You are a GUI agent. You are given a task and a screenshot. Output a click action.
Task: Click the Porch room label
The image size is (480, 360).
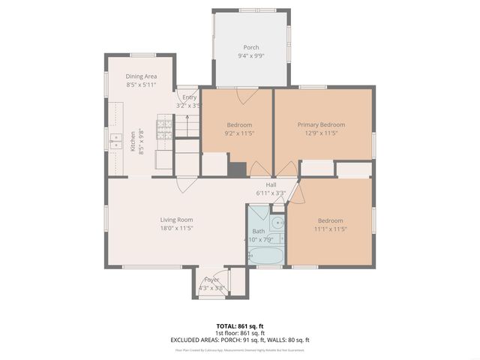click(250, 47)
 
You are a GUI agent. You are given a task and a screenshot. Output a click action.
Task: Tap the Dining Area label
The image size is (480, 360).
click(141, 76)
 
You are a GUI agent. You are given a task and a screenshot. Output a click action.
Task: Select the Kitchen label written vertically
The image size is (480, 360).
click(133, 142)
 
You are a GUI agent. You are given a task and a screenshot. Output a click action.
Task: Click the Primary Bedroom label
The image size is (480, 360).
click(321, 124)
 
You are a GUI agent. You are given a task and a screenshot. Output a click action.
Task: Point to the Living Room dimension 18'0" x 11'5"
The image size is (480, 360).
click(176, 228)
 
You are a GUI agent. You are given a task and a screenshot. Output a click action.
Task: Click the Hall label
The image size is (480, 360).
click(271, 184)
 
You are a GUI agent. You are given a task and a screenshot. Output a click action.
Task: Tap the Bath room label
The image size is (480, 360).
click(259, 232)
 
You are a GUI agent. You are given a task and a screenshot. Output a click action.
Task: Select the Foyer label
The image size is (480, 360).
click(212, 280)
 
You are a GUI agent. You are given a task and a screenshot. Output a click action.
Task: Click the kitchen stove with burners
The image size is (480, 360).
click(164, 129)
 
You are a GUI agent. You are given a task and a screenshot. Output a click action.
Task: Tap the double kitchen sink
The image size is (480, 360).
click(115, 139)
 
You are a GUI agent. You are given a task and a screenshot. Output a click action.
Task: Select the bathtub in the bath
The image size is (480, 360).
click(266, 256)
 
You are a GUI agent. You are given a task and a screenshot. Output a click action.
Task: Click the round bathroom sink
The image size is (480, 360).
click(277, 223)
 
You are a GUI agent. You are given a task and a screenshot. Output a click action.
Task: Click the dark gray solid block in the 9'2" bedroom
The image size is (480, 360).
click(237, 170)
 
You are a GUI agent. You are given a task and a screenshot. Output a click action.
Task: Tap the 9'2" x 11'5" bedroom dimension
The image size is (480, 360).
click(239, 133)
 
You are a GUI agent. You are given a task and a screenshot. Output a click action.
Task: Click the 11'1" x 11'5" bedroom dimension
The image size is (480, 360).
click(330, 229)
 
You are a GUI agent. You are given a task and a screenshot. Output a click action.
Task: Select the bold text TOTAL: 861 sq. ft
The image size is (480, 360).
click(240, 326)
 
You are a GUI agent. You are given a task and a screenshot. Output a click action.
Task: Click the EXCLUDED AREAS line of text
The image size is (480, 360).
click(240, 340)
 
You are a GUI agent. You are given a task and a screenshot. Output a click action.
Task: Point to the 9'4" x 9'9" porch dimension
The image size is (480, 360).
click(250, 55)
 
